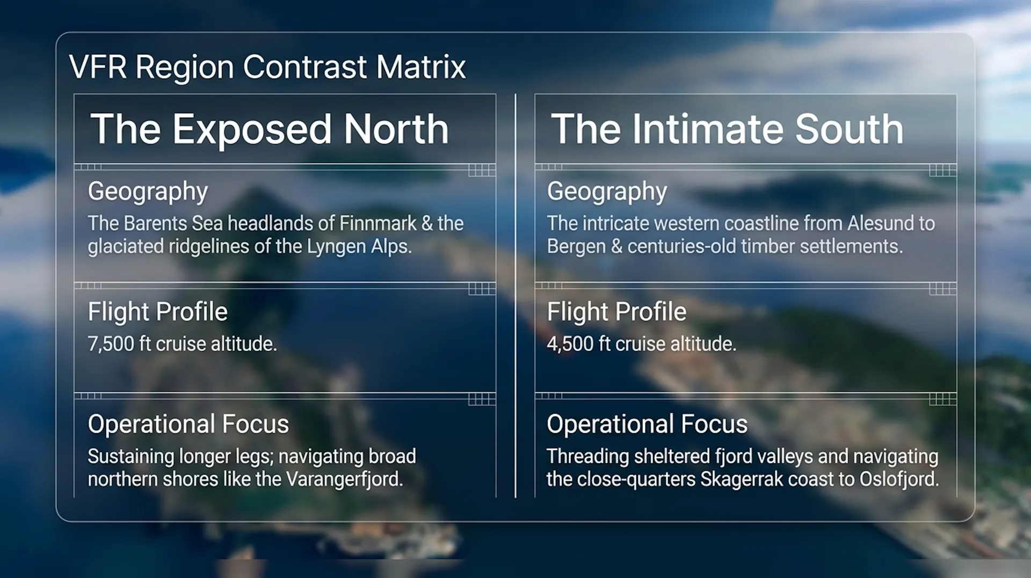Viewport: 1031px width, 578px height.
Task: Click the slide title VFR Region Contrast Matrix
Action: [x=267, y=67]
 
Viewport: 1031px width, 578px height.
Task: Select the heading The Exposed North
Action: [x=270, y=129]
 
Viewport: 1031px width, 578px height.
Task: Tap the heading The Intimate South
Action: [x=728, y=129]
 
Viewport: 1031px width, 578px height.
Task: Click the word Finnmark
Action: [x=378, y=223]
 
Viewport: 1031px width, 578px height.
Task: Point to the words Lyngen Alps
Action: [x=359, y=247]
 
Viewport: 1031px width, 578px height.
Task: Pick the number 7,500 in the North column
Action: [x=111, y=344]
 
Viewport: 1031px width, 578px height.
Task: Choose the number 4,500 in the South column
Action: [x=570, y=344]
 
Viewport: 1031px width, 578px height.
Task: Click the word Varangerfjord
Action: [x=344, y=479]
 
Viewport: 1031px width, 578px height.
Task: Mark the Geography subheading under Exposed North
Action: [x=148, y=192]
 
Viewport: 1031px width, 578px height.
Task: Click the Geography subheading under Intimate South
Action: [x=607, y=192]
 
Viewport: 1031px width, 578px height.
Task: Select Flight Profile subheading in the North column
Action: [x=158, y=312]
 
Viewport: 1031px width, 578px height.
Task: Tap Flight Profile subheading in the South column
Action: [x=616, y=312]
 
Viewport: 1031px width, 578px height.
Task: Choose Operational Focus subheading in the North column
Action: [x=188, y=424]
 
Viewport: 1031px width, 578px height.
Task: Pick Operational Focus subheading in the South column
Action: [x=647, y=424]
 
